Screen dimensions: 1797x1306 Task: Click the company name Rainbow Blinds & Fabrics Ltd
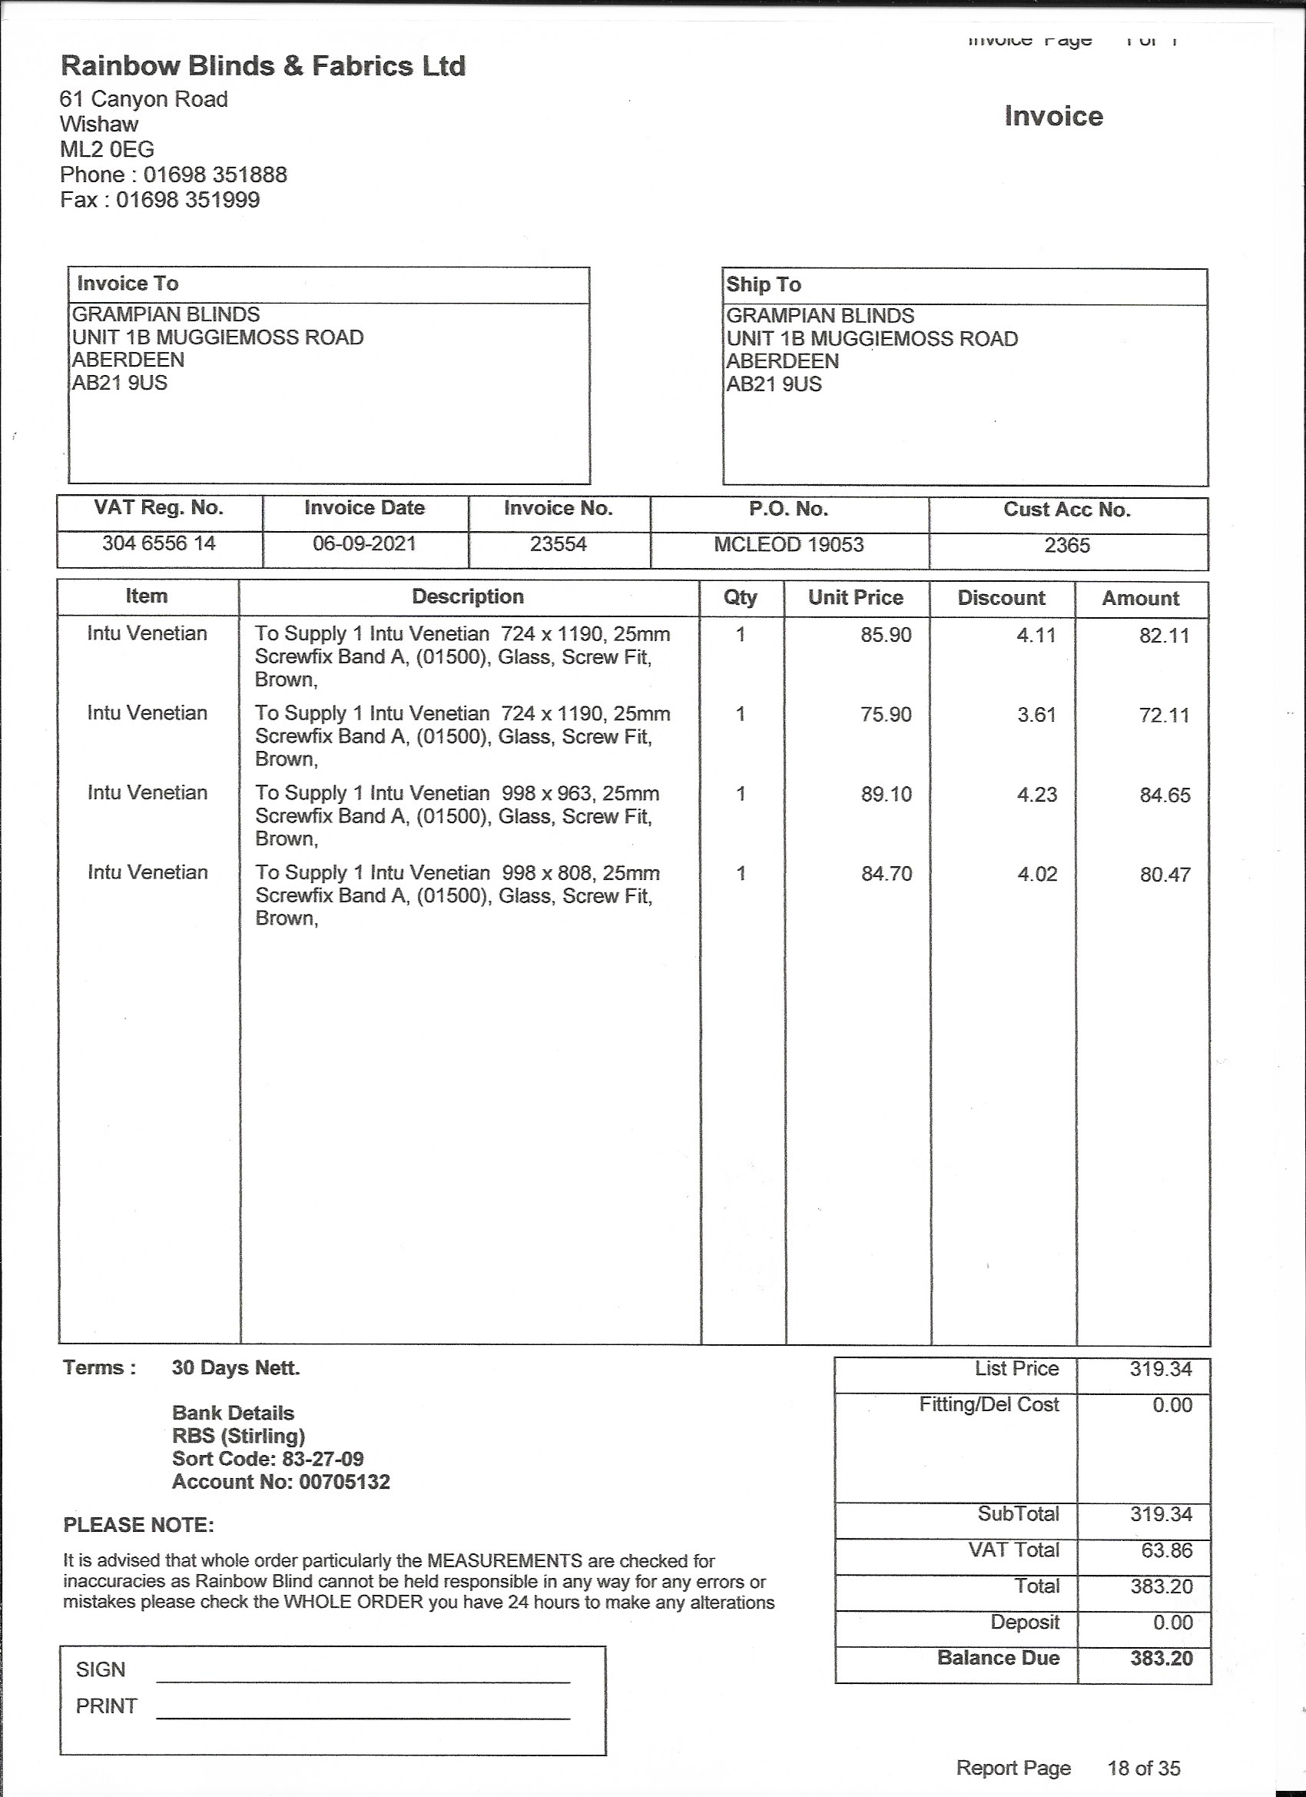(x=263, y=66)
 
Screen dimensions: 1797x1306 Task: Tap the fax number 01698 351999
(x=187, y=200)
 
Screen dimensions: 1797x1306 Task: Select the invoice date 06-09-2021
(x=364, y=544)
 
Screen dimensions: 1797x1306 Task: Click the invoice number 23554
(x=559, y=544)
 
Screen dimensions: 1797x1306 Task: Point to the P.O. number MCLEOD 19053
(x=789, y=545)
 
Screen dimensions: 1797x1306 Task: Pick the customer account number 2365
(x=1067, y=546)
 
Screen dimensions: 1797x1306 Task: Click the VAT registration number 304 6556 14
(x=159, y=543)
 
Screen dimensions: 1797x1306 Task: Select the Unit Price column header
(x=855, y=597)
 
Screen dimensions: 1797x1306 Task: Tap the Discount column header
(x=1001, y=598)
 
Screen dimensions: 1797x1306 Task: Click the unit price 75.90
(x=887, y=715)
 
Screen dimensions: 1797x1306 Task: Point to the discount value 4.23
(x=1036, y=795)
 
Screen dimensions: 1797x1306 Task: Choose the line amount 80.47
(x=1165, y=875)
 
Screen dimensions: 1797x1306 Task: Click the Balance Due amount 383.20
(x=1161, y=1659)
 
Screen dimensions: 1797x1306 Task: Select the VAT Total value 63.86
(x=1167, y=1550)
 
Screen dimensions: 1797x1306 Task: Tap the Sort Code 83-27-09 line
(x=267, y=1459)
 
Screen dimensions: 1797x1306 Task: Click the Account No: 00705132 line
(x=281, y=1482)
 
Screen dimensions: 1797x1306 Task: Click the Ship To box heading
(x=764, y=284)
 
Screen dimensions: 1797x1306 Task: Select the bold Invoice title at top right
(x=1053, y=117)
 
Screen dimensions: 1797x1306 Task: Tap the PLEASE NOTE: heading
(x=138, y=1525)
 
